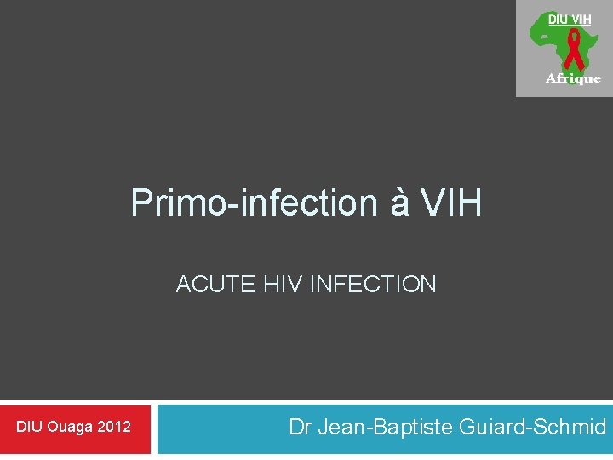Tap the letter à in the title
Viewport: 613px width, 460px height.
click(x=391, y=204)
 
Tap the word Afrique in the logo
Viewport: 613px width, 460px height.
click(x=573, y=78)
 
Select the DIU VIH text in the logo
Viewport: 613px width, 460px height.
click(x=570, y=19)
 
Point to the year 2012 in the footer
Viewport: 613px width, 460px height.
click(x=115, y=427)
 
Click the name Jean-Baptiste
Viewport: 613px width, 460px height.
click(x=383, y=427)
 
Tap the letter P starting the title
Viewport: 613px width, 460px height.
click(x=140, y=204)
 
